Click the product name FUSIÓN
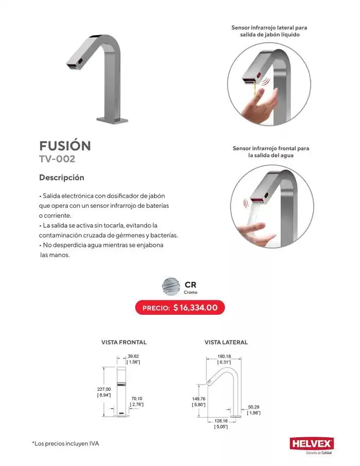tap(65, 146)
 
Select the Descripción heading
tap(62, 177)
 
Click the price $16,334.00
tap(195, 308)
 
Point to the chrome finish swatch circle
tap(170, 286)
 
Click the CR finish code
tap(190, 284)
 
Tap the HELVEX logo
tap(312, 443)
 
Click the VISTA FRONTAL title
tap(124, 342)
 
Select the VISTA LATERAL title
tap(226, 342)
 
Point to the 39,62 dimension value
tap(133, 356)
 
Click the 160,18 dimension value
tap(225, 356)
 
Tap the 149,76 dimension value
tap(199, 399)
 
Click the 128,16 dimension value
tap(221, 420)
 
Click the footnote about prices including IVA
tap(65, 443)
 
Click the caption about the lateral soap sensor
tap(273, 31)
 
